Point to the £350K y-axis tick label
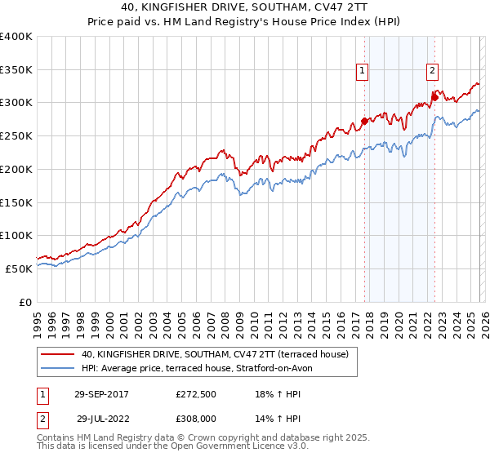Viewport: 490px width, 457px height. tap(16, 70)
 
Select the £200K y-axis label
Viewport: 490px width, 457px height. tap(16, 170)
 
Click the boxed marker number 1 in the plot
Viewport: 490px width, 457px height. tap(362, 71)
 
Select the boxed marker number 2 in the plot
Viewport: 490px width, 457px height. tap(431, 71)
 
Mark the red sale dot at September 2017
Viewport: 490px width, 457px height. tap(364, 122)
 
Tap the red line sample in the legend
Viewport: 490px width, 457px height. tap(58, 354)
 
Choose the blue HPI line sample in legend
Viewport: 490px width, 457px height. tap(58, 368)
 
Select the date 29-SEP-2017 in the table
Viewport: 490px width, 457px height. tap(106, 393)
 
